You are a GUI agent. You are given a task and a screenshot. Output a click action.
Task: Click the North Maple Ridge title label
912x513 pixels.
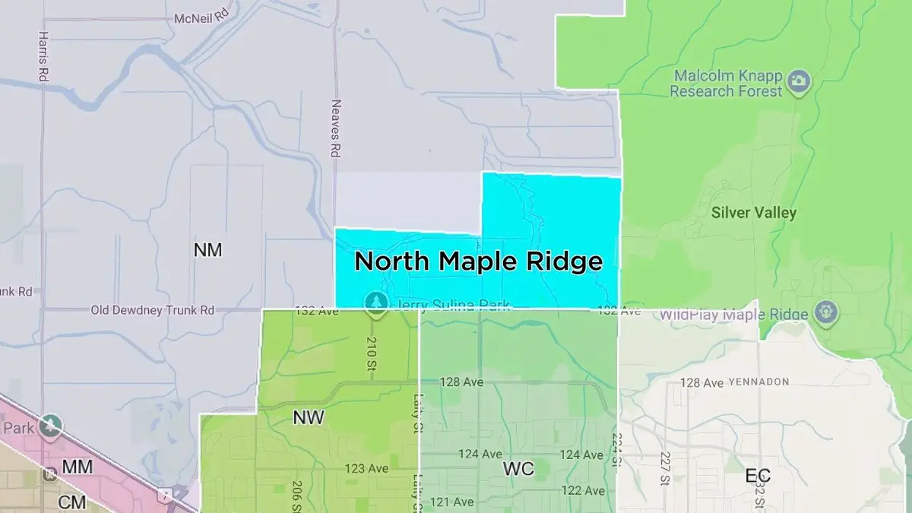(x=478, y=261)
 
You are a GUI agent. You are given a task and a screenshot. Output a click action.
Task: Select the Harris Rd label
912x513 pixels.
(x=43, y=56)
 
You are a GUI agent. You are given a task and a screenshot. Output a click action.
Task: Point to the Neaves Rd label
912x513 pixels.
(x=334, y=128)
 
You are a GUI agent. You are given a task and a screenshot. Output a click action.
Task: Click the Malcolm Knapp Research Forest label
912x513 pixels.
(x=726, y=84)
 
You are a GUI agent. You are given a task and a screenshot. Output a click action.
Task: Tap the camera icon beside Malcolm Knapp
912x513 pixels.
(x=799, y=81)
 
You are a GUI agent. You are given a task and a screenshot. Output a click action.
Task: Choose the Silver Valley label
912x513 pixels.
(x=753, y=212)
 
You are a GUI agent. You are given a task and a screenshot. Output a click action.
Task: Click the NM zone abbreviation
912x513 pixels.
(x=207, y=249)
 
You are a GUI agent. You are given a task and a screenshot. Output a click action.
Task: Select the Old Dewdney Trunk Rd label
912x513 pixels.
(x=153, y=310)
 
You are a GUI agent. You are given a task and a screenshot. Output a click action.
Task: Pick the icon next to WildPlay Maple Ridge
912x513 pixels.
(x=825, y=311)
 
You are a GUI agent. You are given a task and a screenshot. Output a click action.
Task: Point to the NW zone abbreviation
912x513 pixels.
(x=309, y=417)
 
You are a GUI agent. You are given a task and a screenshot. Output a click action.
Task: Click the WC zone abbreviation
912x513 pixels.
(x=518, y=469)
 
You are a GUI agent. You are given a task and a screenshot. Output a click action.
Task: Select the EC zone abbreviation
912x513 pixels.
(x=758, y=477)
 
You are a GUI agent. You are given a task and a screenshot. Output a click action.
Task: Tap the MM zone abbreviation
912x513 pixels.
(x=77, y=467)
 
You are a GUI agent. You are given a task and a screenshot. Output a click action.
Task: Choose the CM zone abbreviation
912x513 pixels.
(x=72, y=502)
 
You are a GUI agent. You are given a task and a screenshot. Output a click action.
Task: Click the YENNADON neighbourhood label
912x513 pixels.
(x=758, y=382)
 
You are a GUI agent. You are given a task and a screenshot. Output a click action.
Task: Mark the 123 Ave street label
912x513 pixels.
(x=366, y=468)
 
